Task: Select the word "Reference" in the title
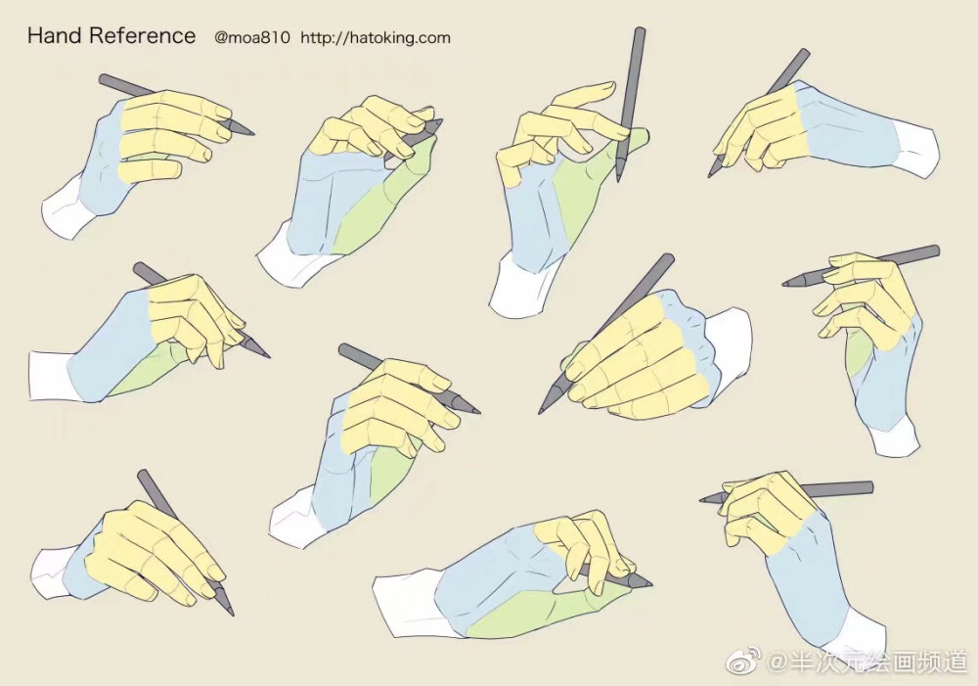(142, 35)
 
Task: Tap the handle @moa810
(252, 37)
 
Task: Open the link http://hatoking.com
(376, 37)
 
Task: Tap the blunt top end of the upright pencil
(640, 30)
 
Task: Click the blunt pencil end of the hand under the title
(104, 79)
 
